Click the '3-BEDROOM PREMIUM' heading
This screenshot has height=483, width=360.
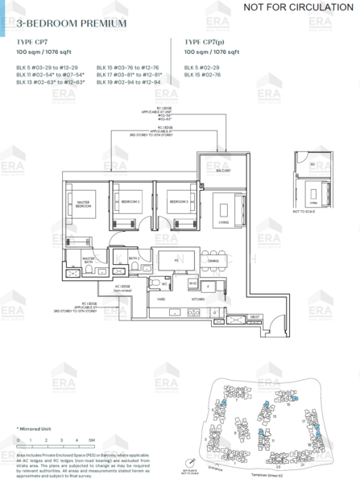click(72, 23)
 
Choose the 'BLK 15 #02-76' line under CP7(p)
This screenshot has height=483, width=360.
click(202, 74)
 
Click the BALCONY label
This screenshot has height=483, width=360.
click(223, 171)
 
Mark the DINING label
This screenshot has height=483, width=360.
click(213, 261)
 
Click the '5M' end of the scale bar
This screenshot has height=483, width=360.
click(93, 440)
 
